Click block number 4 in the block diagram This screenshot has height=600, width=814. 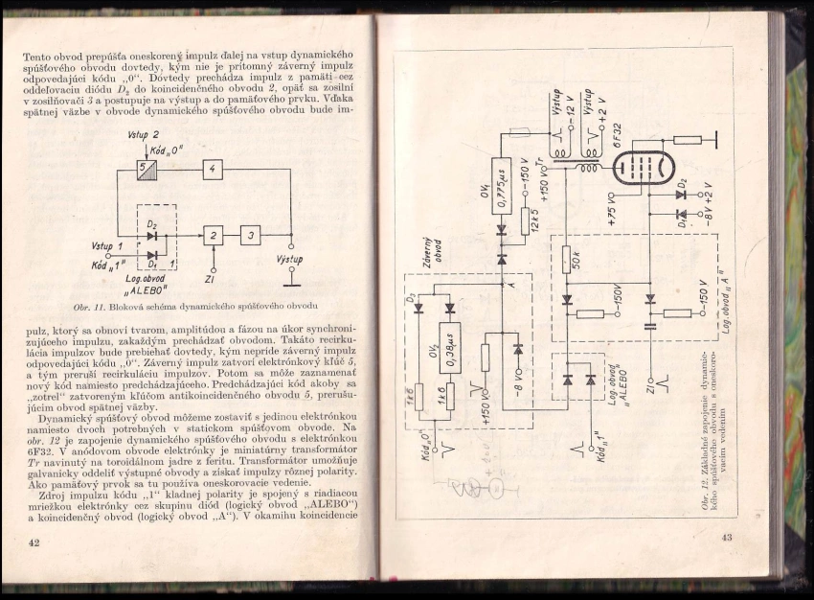click(213, 171)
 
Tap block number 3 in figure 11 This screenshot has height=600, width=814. click(250, 235)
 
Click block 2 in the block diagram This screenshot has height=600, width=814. click(213, 235)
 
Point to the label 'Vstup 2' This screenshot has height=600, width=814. click(144, 135)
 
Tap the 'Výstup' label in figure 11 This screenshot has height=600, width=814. click(289, 260)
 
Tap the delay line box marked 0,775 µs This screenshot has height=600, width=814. click(501, 185)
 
